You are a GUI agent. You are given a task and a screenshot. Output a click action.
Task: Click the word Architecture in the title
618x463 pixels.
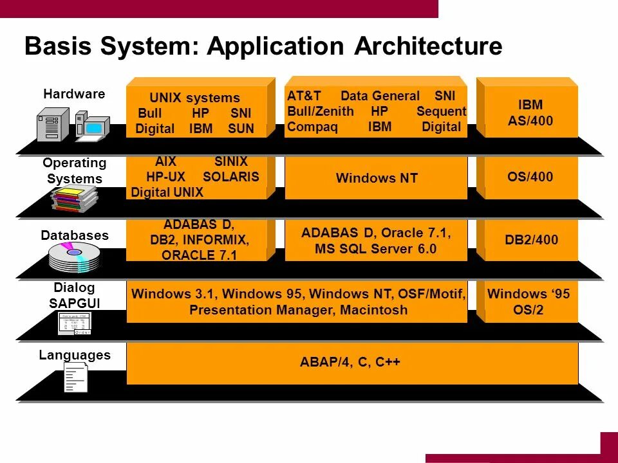428,47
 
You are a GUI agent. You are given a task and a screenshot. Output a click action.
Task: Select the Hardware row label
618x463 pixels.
74,94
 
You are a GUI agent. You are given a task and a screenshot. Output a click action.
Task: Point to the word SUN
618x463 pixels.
241,129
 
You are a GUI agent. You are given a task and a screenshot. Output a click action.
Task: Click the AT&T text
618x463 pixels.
304,96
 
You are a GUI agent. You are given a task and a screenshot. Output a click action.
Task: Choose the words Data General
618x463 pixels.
380,96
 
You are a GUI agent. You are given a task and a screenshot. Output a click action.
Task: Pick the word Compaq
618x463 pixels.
312,127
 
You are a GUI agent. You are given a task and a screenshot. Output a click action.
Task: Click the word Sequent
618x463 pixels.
441,111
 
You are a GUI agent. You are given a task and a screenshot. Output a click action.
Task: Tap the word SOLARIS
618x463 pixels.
230,177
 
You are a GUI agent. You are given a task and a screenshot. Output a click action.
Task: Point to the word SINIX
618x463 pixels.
230,162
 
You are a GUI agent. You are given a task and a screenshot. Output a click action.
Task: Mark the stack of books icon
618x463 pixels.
75,197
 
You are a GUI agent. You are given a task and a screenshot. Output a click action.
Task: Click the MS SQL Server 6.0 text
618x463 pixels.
376,249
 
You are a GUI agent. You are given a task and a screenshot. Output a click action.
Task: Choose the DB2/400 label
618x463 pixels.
530,240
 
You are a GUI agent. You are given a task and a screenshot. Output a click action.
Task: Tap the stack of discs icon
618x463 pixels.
75,257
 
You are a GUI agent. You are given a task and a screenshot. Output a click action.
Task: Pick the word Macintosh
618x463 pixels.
375,310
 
